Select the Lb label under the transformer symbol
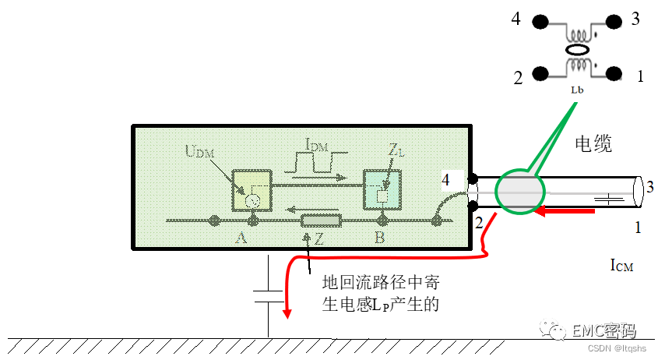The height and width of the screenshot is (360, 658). tap(577, 90)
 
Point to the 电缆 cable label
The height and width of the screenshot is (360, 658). tap(593, 143)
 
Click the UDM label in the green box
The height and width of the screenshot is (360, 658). tap(198, 150)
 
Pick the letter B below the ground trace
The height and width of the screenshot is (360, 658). tap(379, 237)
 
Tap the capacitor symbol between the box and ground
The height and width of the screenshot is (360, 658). tap(268, 295)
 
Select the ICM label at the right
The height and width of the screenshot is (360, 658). tap(621, 266)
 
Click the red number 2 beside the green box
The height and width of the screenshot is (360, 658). tap(480, 223)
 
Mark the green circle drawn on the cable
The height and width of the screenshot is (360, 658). tap(518, 190)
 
